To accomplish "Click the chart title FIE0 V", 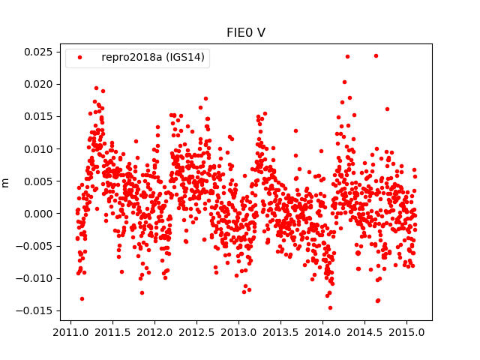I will click(x=245, y=32).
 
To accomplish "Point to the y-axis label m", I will click(x=6, y=182).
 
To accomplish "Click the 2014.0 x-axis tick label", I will click(x=324, y=331).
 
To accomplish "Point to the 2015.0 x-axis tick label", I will click(x=409, y=331).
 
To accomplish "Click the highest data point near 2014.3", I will click(x=347, y=56).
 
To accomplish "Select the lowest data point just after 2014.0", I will click(x=330, y=307).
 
